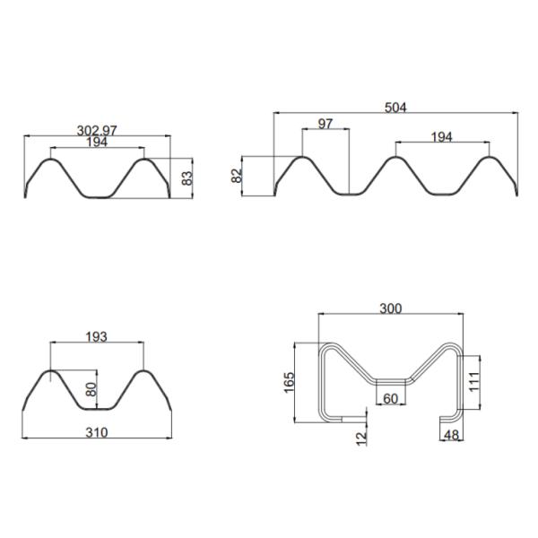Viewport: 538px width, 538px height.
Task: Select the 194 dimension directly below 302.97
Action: (96, 143)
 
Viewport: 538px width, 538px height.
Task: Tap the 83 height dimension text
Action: (187, 178)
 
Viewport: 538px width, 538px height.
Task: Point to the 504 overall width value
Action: (395, 107)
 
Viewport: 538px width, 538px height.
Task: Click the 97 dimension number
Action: (325, 124)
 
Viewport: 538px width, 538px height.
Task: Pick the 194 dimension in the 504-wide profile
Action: (441, 136)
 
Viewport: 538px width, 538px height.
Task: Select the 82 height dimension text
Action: (238, 176)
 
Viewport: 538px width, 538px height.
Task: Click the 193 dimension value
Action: (96, 336)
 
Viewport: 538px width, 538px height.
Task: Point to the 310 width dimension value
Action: (96, 432)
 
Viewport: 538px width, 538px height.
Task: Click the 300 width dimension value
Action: (391, 308)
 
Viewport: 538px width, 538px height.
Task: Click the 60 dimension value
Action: (391, 398)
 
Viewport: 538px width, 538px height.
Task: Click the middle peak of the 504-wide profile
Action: (393, 159)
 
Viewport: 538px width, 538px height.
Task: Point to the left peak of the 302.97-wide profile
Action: (51, 161)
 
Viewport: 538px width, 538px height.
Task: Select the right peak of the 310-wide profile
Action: (142, 371)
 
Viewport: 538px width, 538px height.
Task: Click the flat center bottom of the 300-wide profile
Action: (392, 381)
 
